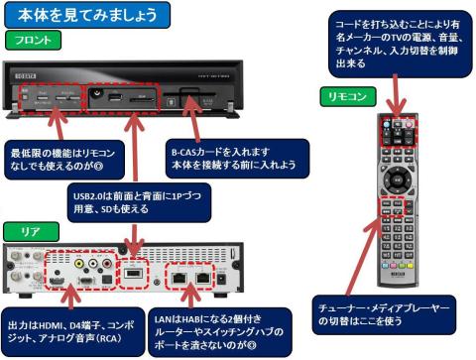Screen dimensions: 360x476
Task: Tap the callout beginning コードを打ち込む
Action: (x=397, y=41)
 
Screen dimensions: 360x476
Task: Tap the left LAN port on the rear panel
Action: (x=180, y=278)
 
